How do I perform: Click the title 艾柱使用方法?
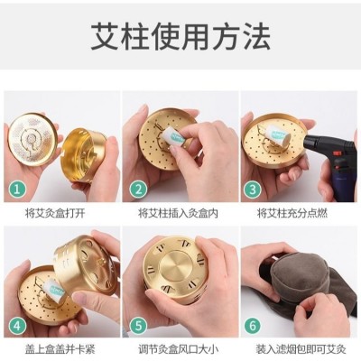(180, 36)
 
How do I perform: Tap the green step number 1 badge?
(17, 190)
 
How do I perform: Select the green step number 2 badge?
(138, 190)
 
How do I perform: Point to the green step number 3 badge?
(253, 190)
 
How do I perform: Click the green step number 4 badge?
(17, 325)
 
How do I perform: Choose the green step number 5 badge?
(138, 325)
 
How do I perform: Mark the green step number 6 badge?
(253, 325)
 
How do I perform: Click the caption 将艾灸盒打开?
(56, 213)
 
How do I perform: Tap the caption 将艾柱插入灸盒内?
(178, 213)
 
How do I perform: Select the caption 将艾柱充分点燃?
(292, 213)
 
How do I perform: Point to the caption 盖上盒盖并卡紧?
(60, 349)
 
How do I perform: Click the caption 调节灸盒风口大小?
(178, 349)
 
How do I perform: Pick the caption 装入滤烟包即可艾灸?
(301, 349)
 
